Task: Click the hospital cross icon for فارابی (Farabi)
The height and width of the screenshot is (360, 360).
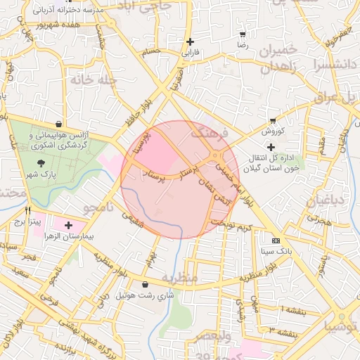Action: [190, 41]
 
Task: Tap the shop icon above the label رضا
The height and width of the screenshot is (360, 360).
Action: [243, 34]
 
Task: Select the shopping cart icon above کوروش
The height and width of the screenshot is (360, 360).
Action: [272, 120]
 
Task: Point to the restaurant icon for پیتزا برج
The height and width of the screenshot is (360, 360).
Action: [28, 210]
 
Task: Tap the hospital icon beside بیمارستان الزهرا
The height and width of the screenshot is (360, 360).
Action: [67, 225]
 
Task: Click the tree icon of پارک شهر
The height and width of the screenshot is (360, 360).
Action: [37, 163]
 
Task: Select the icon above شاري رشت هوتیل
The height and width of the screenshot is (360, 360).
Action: [145, 285]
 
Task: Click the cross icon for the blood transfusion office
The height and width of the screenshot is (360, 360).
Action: [271, 147]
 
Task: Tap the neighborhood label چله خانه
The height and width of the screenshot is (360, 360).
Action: [91, 80]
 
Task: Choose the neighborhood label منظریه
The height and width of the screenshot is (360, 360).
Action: [189, 278]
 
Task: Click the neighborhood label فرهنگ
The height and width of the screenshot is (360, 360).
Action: [210, 132]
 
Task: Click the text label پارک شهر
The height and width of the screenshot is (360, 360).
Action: [37, 174]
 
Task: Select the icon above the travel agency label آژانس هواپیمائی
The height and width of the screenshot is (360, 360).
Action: [67, 123]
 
